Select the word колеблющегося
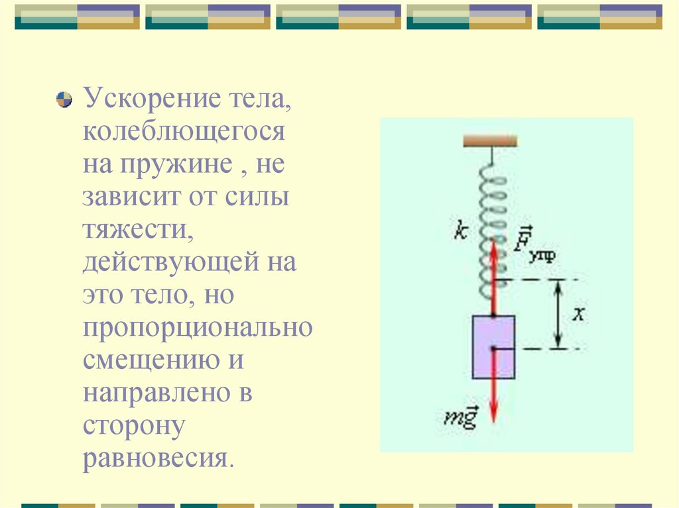pos(184,132)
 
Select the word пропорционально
pos(197,327)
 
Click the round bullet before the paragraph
pos(64,101)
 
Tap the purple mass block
pos(493,347)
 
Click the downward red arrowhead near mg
pos(493,413)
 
